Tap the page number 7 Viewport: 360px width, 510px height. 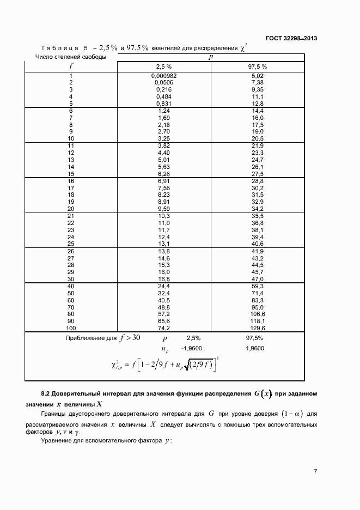(x=315, y=471)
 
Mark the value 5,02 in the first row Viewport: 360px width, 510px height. (x=258, y=76)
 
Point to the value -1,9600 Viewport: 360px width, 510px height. (x=192, y=348)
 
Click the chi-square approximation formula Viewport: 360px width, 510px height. (x=164, y=365)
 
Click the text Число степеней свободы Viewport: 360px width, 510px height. (x=70, y=56)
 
